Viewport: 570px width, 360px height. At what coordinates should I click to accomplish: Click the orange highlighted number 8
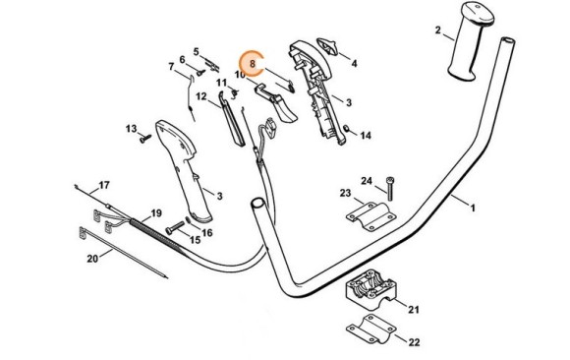253,63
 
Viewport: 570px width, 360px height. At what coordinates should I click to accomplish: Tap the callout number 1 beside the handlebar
473,209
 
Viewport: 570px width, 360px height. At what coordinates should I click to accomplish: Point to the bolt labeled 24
390,189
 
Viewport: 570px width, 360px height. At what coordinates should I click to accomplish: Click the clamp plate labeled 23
370,216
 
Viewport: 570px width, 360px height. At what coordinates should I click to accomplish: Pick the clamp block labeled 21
370,289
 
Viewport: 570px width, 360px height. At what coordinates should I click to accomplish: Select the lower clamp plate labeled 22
370,330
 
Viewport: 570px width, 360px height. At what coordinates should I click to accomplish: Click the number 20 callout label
92,259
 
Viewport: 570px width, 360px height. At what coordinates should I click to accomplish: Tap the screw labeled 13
145,139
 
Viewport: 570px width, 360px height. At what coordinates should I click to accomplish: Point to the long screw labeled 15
175,227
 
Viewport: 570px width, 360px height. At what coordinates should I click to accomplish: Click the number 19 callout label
156,212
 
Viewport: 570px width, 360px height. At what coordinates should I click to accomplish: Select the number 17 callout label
104,185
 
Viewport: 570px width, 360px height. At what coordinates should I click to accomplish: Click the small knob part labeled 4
327,46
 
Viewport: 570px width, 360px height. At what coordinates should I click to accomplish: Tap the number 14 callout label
366,136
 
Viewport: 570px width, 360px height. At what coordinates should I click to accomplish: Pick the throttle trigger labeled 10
277,103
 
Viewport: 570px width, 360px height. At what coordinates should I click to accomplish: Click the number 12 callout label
201,96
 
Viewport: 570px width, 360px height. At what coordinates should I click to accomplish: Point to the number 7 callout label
171,67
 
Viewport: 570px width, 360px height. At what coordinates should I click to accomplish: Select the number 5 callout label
197,52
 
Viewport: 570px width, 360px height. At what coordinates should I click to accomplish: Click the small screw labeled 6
201,73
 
